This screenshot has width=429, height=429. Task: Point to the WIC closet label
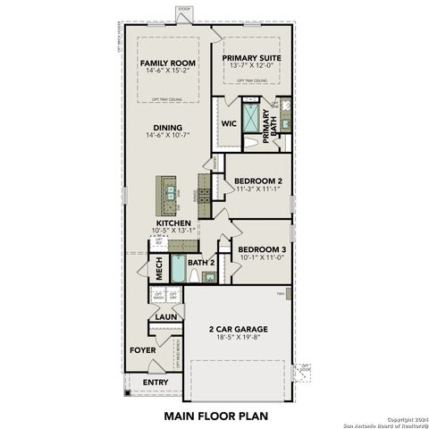(227, 125)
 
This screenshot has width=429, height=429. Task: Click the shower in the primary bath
(252, 118)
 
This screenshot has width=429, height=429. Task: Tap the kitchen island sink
(165, 189)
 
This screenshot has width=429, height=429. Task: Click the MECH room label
(157, 265)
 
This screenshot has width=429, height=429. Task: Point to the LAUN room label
(165, 316)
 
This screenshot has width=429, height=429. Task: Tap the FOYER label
(142, 350)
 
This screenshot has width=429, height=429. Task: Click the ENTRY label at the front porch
(156, 383)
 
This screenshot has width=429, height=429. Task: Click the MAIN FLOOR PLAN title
(215, 416)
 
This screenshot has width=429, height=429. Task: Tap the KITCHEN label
(172, 223)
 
